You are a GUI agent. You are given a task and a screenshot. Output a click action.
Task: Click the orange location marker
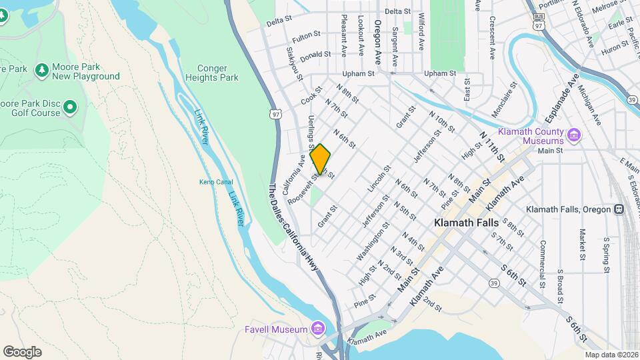pyautogui.click(x=321, y=159)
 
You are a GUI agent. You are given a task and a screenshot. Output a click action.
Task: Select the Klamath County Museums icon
pyautogui.click(x=573, y=137)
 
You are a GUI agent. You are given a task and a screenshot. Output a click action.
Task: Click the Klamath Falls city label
pyautogui.click(x=466, y=223)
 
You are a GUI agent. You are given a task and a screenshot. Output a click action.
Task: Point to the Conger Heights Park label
pyautogui.click(x=218, y=73)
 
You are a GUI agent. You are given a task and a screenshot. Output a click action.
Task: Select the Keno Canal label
pyautogui.click(x=213, y=182)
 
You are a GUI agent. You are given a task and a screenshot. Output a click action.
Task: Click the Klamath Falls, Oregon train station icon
pyautogui.click(x=619, y=209)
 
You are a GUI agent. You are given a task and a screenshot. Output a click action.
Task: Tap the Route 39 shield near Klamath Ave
pyautogui.click(x=494, y=283)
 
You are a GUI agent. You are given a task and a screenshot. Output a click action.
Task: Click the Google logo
pyautogui.click(x=22, y=352)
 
